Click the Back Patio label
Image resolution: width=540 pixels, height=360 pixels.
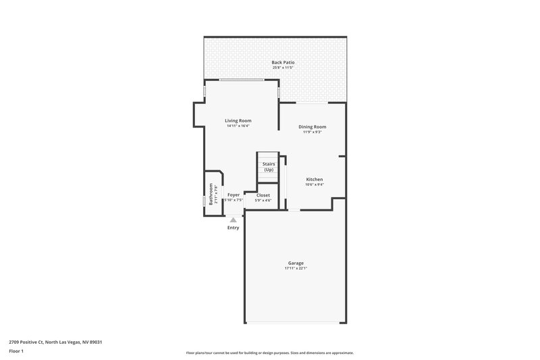tap(283, 62)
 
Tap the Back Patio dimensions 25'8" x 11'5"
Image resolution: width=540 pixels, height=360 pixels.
tap(283, 68)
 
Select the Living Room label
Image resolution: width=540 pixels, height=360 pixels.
tap(238, 121)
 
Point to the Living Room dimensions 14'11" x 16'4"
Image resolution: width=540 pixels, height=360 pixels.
tap(238, 126)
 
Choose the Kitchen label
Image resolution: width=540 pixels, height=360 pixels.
tap(315, 179)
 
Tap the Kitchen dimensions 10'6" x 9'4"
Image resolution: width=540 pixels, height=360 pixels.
tap(315, 184)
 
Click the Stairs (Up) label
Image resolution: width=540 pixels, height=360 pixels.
tap(268, 167)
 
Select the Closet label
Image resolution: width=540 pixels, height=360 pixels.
tap(263, 195)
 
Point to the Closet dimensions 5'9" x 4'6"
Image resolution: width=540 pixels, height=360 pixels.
tap(263, 201)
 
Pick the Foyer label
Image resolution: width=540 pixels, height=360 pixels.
tap(234, 195)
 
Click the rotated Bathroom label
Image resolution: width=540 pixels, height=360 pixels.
tap(211, 195)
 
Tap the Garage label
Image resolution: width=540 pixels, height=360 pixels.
tap(296, 263)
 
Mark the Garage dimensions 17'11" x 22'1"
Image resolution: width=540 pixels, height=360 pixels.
tap(296, 269)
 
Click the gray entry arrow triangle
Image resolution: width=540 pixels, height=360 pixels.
tap(233, 220)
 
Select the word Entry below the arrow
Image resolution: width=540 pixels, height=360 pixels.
tap(233, 228)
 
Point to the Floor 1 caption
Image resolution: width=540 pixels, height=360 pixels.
tap(17, 351)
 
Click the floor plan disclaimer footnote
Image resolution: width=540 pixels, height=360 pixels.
tap(269, 353)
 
